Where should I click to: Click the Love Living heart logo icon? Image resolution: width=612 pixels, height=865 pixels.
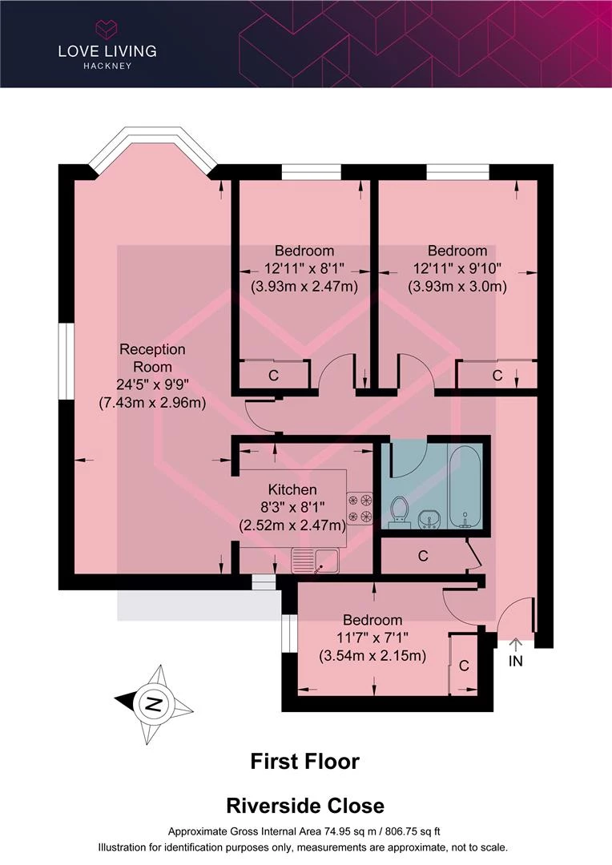point(107,30)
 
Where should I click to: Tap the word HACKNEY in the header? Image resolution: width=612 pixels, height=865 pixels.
point(107,66)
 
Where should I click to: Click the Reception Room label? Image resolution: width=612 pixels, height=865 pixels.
point(152,358)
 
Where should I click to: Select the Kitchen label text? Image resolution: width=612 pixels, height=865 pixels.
point(292,489)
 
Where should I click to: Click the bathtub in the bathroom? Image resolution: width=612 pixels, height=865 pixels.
point(465,485)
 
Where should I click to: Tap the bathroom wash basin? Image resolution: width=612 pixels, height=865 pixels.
point(429,519)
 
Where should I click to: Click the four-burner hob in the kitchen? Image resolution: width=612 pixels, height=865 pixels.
point(359,509)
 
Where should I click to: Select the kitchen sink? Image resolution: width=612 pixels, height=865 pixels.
point(315,561)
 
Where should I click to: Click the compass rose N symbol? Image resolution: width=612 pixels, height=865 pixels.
point(154,705)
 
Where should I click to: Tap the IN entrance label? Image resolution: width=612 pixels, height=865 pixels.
point(515,660)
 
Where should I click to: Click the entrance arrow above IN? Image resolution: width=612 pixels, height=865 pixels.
point(515,645)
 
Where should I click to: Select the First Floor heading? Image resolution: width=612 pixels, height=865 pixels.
point(304,762)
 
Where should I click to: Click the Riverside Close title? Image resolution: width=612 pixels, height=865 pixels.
point(305,806)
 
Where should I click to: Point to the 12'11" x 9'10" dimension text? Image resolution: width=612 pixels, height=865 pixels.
point(457,268)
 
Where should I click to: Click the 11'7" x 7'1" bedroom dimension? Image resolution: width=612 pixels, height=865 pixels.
point(372,638)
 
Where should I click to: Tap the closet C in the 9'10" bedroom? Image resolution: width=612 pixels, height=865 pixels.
point(497,375)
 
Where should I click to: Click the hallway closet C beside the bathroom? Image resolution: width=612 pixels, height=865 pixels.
point(423,556)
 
